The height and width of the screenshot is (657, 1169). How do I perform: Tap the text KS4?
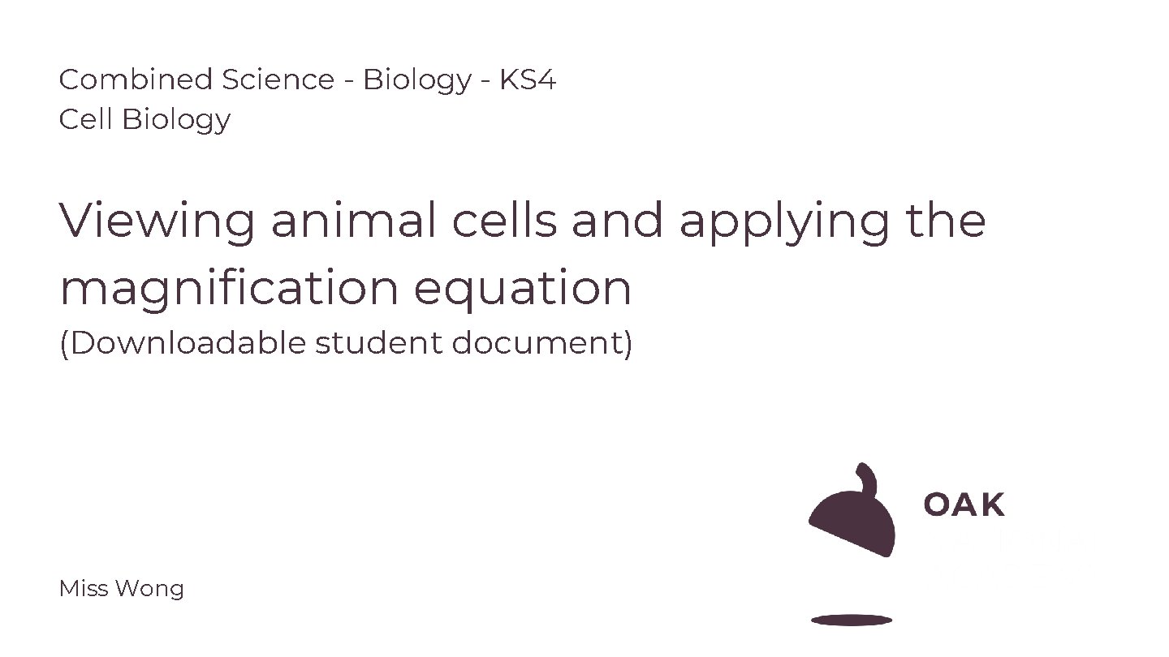pyautogui.click(x=528, y=79)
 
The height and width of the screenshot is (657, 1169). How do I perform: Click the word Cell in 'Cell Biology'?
pyautogui.click(x=86, y=119)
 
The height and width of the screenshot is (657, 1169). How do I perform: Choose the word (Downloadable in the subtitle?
pyautogui.click(x=183, y=343)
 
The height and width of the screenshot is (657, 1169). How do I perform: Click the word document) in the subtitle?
pyautogui.click(x=541, y=343)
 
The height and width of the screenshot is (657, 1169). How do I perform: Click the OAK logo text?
pyautogui.click(x=964, y=505)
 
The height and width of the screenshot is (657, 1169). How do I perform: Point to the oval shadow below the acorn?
pyautogui.click(x=852, y=620)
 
